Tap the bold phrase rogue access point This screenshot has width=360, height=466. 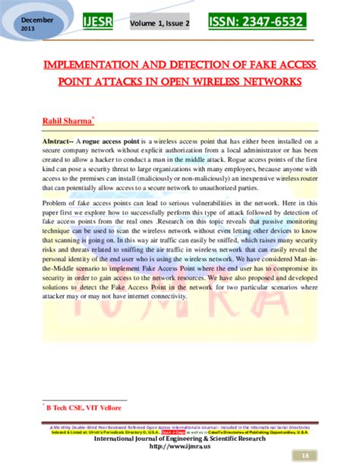click(118, 143)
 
